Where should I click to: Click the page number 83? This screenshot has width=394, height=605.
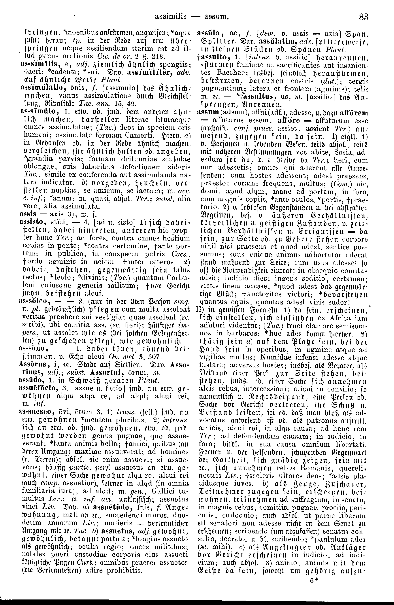coord(364,17)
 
